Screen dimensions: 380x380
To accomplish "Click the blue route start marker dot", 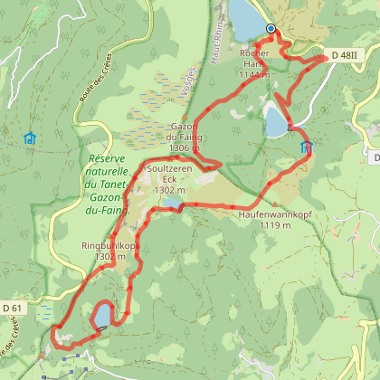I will [x=271, y=29].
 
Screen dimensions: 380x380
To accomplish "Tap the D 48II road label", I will [x=345, y=55].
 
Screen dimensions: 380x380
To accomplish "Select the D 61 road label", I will [x=13, y=309].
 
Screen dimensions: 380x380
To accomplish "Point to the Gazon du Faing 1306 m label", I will [x=185, y=138].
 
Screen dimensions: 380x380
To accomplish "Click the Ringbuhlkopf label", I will [x=109, y=245].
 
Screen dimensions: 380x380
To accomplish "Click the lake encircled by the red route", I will [x=101, y=316].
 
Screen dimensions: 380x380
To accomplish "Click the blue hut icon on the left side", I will [x=30, y=138].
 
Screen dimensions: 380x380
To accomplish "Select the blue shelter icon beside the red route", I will [x=305, y=146].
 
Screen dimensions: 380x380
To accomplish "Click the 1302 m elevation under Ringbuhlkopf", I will [x=109, y=257].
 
